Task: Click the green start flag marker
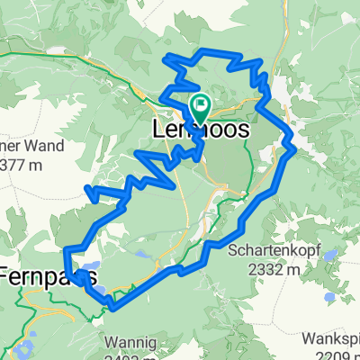click(x=199, y=107)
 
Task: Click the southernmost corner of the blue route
click(x=114, y=309)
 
